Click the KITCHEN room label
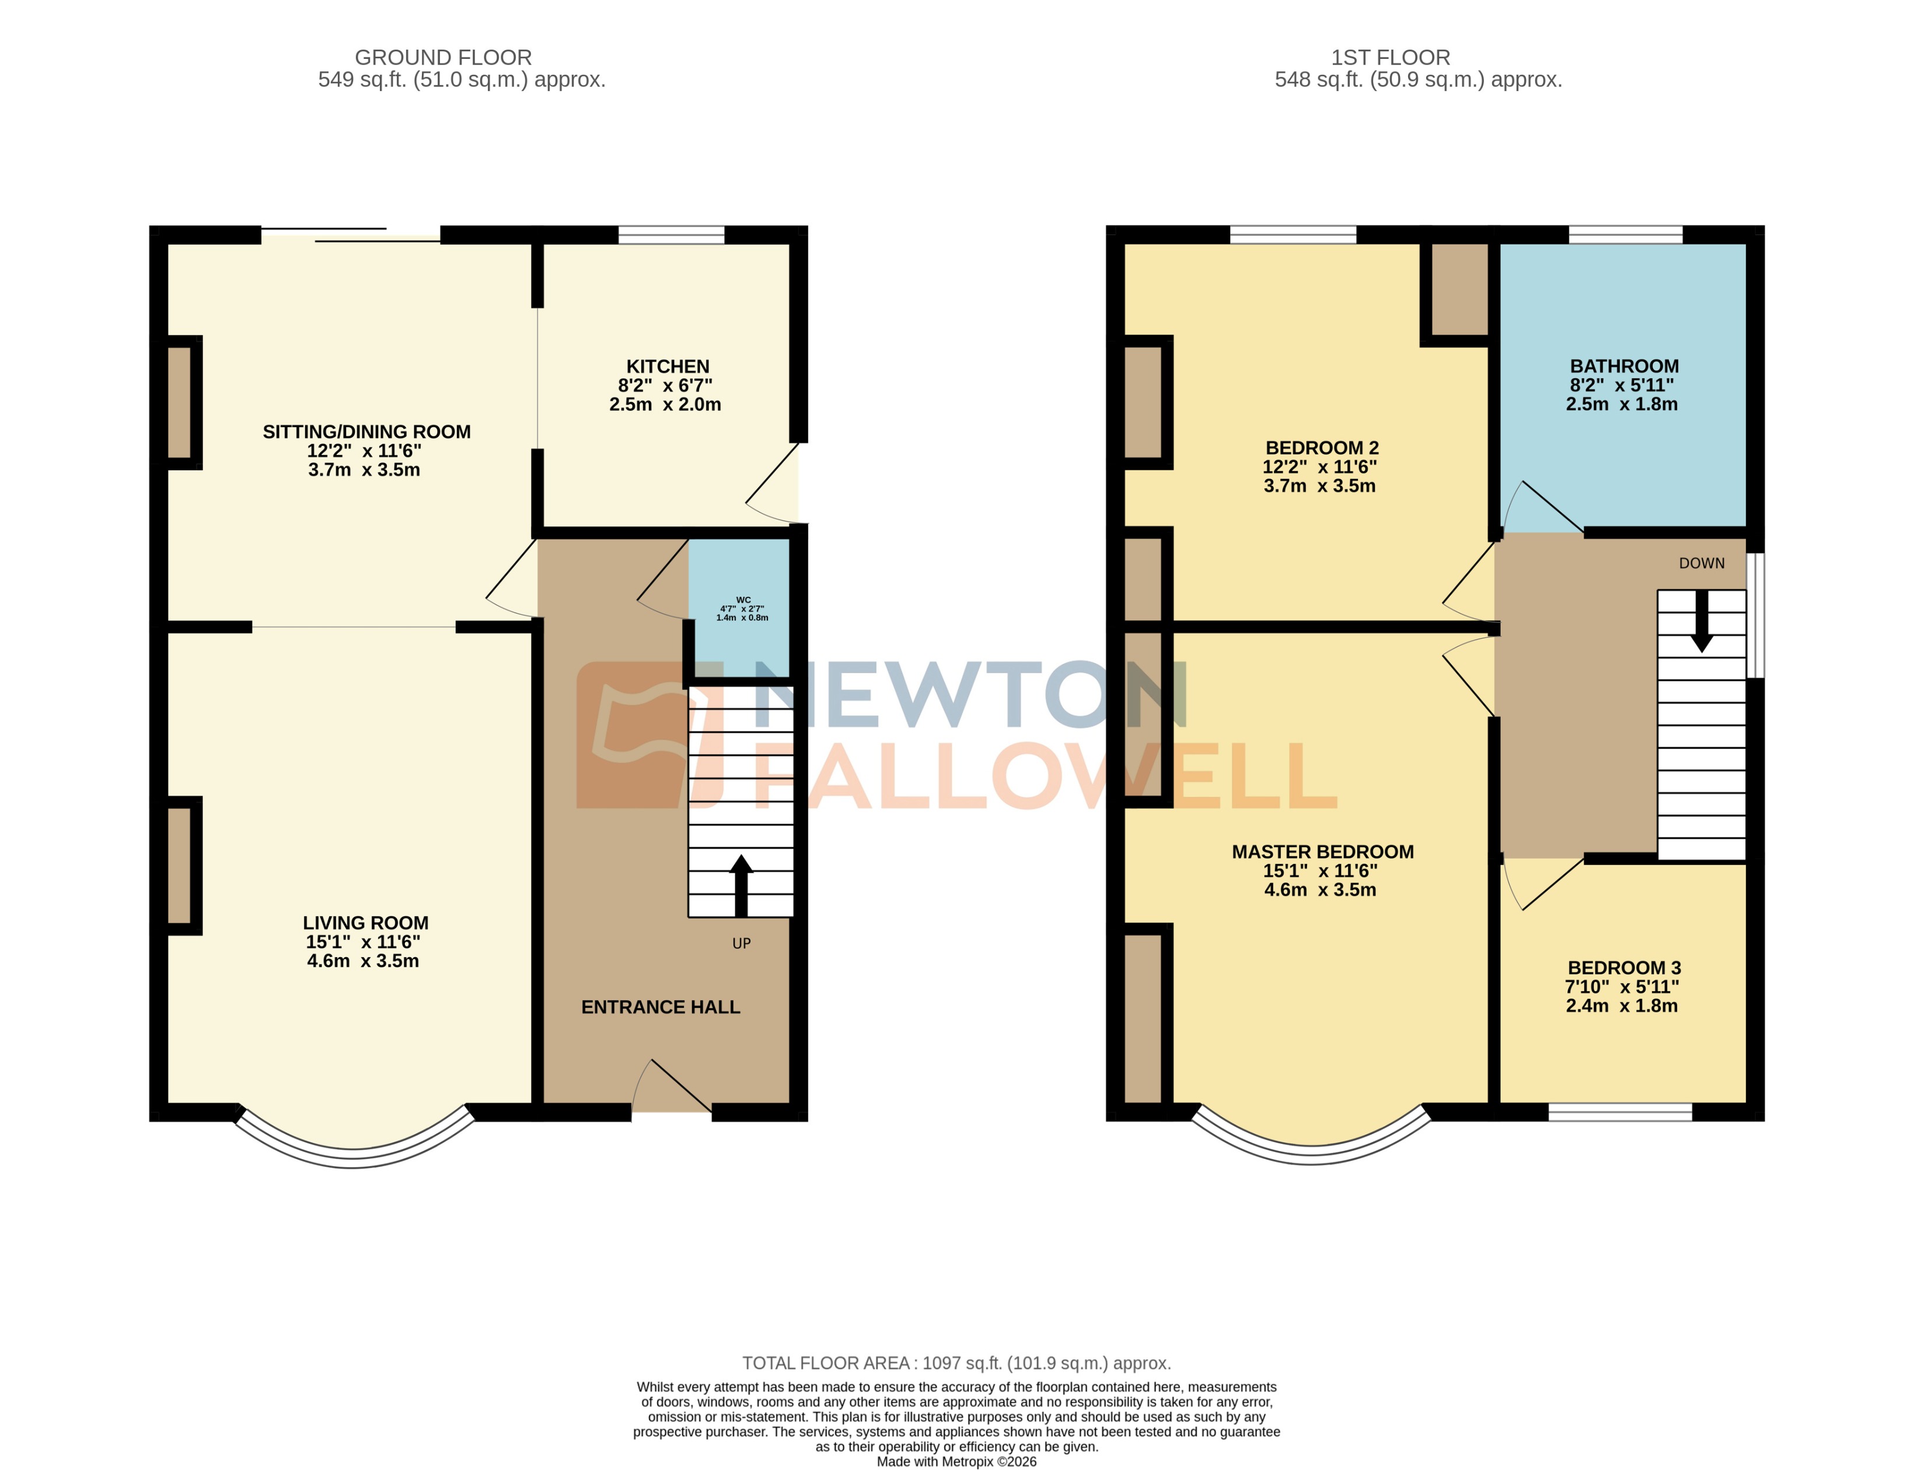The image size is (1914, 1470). click(667, 366)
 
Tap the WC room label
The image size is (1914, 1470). click(742, 600)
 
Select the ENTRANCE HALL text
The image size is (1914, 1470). click(660, 1007)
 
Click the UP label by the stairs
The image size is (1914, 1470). click(741, 943)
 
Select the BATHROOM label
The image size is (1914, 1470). click(1623, 366)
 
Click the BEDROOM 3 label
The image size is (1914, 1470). click(1623, 968)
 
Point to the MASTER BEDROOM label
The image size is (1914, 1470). click(1322, 852)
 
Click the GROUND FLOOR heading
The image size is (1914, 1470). click(443, 58)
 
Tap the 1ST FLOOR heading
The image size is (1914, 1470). click(1390, 58)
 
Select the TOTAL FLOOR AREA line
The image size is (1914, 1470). click(956, 1363)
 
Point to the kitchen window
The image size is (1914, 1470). click(671, 235)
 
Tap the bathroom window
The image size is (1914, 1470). click(1625, 235)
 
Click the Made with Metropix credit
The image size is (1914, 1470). click(956, 1461)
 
